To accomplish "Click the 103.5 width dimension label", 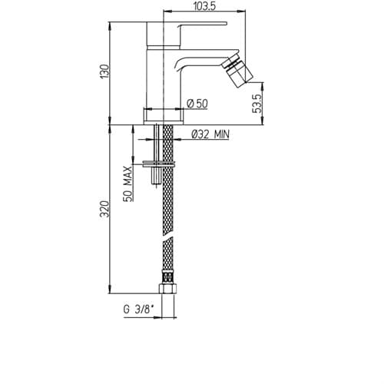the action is coord(204,6).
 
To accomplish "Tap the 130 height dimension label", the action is coord(105,71).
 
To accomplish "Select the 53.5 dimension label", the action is coord(257,104).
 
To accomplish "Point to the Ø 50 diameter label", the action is coord(197,104).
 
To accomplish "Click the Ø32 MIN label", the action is coord(210,134).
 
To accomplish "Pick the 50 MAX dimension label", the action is coord(128,184).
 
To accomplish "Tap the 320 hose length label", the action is coord(105,209).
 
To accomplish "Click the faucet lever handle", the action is coord(202,25).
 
